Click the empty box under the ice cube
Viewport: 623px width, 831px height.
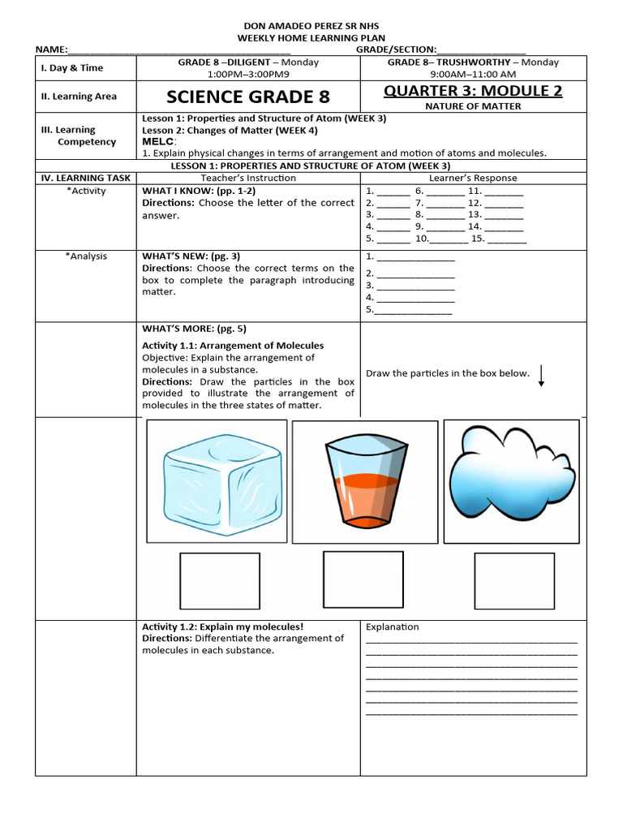pyautogui.click(x=220, y=580)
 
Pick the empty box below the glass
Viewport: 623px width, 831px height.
pyautogui.click(x=363, y=579)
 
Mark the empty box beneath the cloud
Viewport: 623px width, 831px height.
pyautogui.click(x=514, y=580)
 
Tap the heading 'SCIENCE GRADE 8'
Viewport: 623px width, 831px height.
pyautogui.click(x=248, y=97)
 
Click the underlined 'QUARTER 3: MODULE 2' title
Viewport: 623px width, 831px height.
pyautogui.click(x=473, y=90)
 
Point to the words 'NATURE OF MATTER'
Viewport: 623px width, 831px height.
pyautogui.click(x=473, y=106)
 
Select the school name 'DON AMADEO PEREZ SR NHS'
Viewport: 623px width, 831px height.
pyautogui.click(x=311, y=26)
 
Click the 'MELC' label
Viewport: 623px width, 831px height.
pyautogui.click(x=158, y=141)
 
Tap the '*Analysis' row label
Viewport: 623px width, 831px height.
pyautogui.click(x=86, y=256)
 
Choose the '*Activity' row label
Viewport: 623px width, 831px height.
pyautogui.click(x=86, y=192)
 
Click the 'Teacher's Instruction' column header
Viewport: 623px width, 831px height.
pyautogui.click(x=248, y=178)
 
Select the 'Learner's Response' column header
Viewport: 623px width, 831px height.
pyautogui.click(x=473, y=178)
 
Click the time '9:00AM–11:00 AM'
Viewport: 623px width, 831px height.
pyautogui.click(x=473, y=74)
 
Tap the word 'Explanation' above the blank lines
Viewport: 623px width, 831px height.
pyautogui.click(x=393, y=626)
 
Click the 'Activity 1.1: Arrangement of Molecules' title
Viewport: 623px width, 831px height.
pyautogui.click(x=233, y=345)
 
